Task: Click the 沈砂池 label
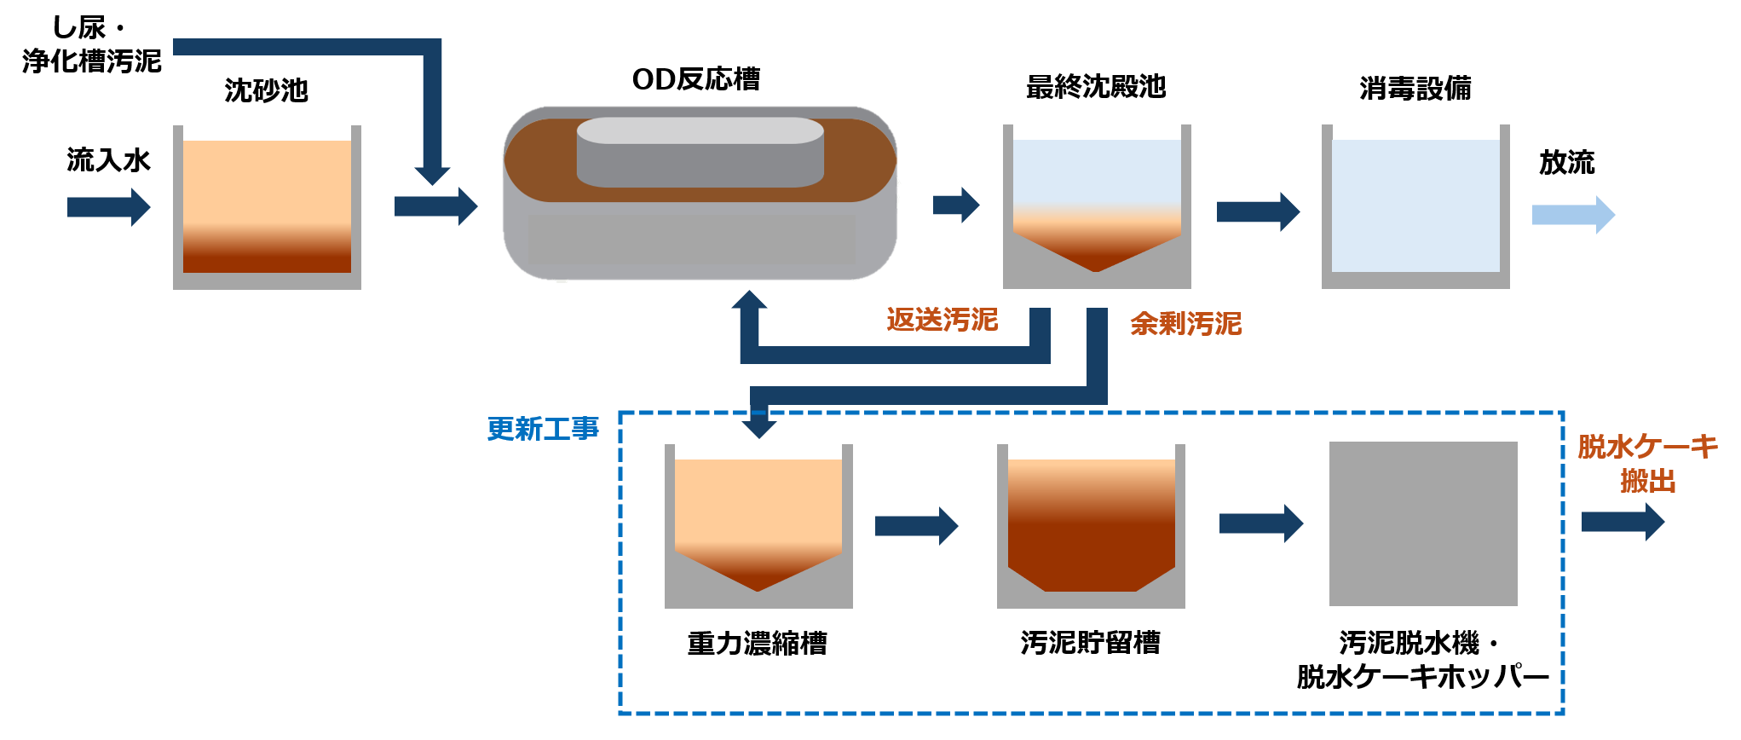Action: (x=266, y=90)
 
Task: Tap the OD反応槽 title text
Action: (x=695, y=79)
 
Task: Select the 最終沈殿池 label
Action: (x=1095, y=87)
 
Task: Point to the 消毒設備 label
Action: (x=1415, y=88)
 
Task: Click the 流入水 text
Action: (x=108, y=160)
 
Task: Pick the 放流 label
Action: (x=1566, y=162)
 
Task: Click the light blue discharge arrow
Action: (x=1572, y=215)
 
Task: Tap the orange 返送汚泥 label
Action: (x=942, y=320)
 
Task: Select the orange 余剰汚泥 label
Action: (x=1185, y=324)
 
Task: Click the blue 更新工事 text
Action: (x=543, y=429)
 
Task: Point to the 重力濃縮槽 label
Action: (x=757, y=643)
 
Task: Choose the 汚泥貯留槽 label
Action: (x=1090, y=642)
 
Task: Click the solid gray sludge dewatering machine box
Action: (x=1423, y=523)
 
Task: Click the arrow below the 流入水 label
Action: (x=108, y=207)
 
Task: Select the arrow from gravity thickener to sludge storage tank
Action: (x=916, y=526)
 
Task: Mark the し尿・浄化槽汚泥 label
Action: (x=91, y=44)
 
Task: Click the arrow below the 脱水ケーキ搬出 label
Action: (x=1623, y=522)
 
